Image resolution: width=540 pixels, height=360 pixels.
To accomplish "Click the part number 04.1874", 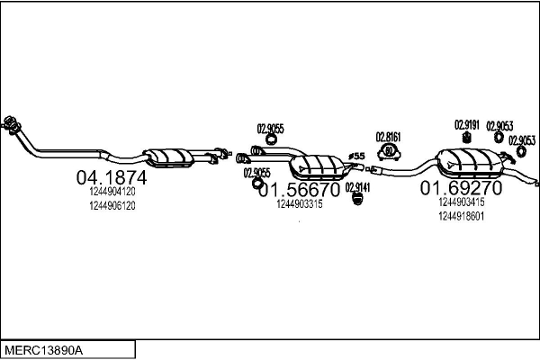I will [112, 177].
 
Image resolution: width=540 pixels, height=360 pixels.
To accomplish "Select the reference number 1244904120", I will [112, 192].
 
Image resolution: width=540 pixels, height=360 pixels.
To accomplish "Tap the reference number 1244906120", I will [112, 205].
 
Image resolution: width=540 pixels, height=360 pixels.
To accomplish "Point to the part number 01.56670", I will [299, 190].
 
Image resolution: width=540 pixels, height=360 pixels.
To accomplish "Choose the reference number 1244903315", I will [300, 204].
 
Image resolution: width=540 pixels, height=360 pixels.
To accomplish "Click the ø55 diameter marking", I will [355, 157].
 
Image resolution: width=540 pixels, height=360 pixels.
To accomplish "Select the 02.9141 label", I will [357, 185].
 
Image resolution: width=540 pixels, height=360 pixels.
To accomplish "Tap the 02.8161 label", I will [388, 137].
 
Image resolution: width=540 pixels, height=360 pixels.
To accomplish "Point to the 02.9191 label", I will [466, 124].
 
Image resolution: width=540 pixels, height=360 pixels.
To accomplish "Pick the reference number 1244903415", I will [461, 202].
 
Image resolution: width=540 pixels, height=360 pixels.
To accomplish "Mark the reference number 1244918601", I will [461, 216].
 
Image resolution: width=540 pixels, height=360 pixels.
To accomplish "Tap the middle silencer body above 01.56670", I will [316, 166].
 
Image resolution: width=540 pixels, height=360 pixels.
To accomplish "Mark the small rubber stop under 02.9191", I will [467, 137].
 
